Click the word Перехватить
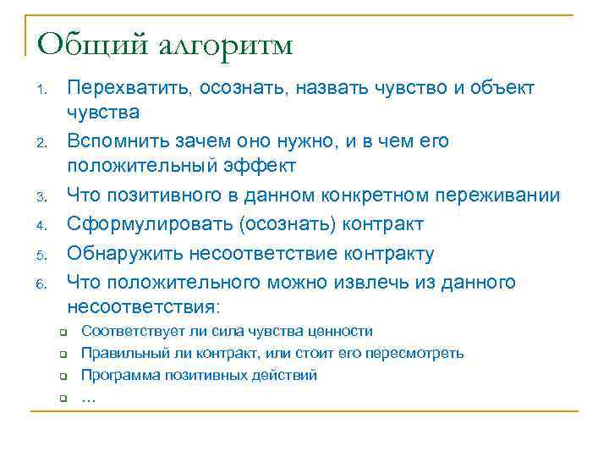pos(130,88)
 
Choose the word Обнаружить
pos(120,253)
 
